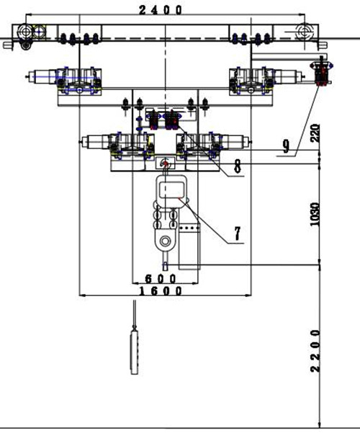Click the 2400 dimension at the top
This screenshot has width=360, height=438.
(161, 10)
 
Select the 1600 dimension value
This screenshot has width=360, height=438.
(161, 291)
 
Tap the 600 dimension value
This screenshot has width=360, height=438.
(161, 279)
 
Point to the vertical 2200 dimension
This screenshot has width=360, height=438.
(315, 351)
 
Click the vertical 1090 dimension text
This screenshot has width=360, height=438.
(315, 214)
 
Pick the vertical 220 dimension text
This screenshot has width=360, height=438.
(315, 133)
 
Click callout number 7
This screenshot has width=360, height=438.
(238, 233)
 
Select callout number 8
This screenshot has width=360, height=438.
(238, 166)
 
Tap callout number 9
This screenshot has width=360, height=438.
(286, 146)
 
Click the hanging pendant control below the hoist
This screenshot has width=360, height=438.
(135, 352)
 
